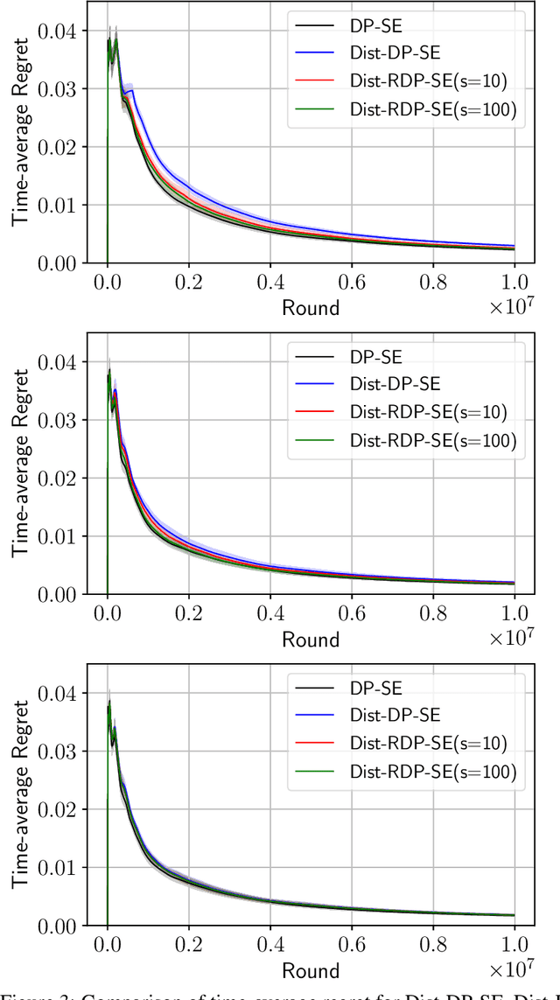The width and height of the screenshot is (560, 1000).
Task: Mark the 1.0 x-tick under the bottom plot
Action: [x=514, y=947]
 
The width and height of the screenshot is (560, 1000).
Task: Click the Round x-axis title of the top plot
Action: [x=310, y=307]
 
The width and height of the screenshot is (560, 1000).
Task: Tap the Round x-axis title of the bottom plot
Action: [x=310, y=970]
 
